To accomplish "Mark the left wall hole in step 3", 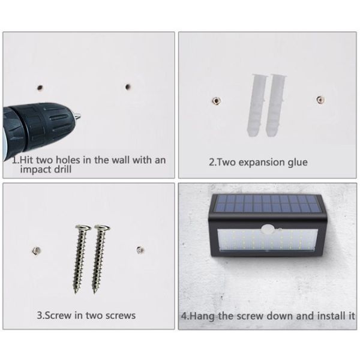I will pos(35,249).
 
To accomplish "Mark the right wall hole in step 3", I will pos(140,249).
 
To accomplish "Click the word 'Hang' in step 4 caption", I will pos(203,315).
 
